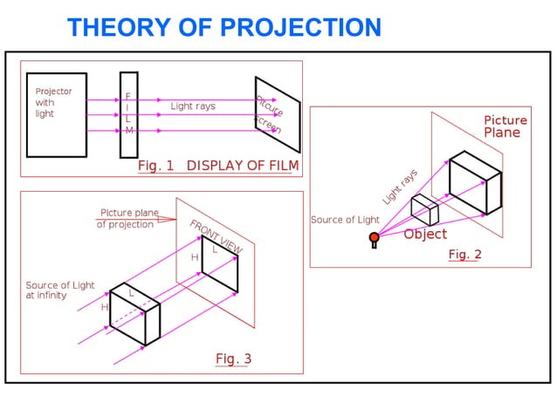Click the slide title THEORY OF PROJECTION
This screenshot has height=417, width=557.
(224, 28)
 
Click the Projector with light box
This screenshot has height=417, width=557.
(57, 114)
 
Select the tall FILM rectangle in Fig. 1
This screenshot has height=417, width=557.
(128, 113)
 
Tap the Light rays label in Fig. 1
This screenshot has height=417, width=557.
(193, 106)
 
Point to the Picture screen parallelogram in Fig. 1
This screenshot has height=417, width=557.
(277, 113)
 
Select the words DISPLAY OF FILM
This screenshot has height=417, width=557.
(243, 165)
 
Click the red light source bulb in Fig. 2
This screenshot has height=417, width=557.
(374, 237)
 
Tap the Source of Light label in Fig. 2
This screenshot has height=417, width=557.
(346, 220)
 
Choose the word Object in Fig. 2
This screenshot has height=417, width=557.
(425, 234)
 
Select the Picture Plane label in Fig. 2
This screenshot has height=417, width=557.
(505, 126)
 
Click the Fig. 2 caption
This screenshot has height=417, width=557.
(464, 255)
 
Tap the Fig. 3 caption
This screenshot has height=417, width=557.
(233, 359)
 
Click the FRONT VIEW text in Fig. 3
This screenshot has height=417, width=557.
(216, 236)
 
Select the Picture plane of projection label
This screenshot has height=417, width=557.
(127, 218)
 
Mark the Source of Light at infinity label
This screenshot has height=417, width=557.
(58, 291)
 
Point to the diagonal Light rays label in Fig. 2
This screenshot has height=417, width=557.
(400, 188)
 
